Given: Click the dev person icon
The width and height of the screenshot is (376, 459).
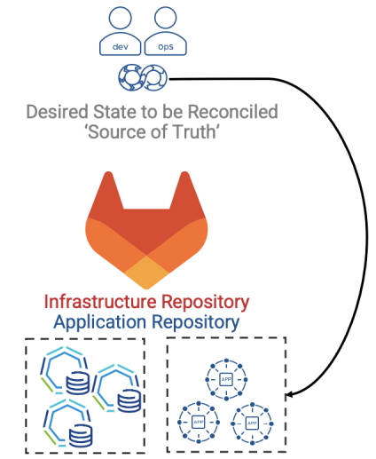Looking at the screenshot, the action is click(x=120, y=31).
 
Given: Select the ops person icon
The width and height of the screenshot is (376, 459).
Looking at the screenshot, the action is click(x=166, y=31).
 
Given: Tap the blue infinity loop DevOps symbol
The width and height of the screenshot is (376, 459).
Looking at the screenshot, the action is click(x=143, y=78).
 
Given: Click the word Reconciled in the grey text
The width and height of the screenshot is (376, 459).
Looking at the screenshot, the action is click(x=233, y=112).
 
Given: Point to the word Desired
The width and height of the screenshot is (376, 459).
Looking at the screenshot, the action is click(x=58, y=112).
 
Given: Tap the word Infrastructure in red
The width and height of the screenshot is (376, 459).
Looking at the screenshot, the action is click(x=100, y=302).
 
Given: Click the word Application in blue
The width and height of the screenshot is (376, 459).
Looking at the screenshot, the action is click(x=100, y=322).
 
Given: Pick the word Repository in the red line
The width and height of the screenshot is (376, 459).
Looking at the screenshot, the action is click(x=206, y=303).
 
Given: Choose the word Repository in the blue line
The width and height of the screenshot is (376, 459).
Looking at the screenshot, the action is click(x=195, y=322).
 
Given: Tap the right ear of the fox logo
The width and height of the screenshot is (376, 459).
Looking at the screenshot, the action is click(x=185, y=193).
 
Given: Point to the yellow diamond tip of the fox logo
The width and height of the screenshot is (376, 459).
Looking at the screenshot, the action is click(x=146, y=273).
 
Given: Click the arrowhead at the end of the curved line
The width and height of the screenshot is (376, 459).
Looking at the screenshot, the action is click(x=290, y=394).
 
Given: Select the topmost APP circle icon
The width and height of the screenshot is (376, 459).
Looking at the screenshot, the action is click(x=226, y=379).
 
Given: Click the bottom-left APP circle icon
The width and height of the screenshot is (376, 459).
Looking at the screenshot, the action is click(x=199, y=423).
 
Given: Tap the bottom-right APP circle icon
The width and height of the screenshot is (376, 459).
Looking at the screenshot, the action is click(x=252, y=423).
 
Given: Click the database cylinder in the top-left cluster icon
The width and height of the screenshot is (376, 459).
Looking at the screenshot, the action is click(x=77, y=383).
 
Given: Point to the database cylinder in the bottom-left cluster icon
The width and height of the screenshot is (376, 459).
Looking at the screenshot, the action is click(x=81, y=436).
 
